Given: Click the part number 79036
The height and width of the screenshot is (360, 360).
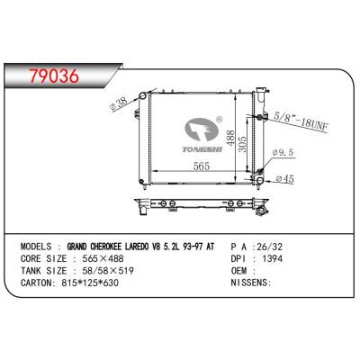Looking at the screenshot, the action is pos(54,76).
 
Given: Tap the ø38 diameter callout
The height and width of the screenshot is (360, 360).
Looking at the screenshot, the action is pos(120,103).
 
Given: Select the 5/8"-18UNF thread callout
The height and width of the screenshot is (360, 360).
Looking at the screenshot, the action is pos(301,121).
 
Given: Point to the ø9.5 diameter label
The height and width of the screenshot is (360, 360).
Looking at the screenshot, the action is pos(283,152).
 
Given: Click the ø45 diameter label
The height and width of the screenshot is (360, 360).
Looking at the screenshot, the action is pos(284,179).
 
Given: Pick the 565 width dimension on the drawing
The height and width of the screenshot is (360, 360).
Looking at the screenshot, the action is pos(202,166).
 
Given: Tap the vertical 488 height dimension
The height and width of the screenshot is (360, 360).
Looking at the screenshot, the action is pos(230,138).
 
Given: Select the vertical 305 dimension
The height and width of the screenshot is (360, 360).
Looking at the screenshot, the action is pos(242,144).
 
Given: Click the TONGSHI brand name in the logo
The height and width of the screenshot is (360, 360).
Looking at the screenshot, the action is pos(202,149).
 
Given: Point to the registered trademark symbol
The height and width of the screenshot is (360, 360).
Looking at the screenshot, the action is pos(220,120).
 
